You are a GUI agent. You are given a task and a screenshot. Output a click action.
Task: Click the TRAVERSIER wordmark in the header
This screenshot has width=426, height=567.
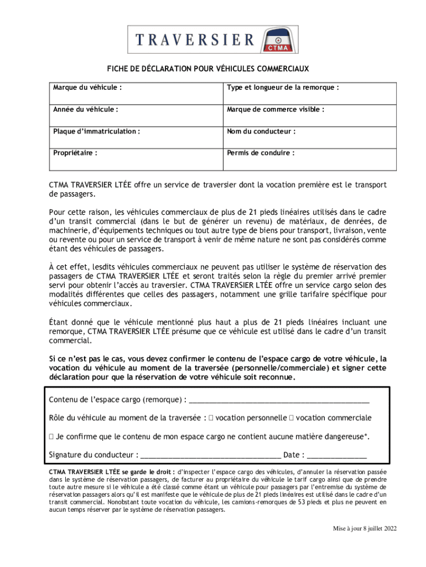(195, 40)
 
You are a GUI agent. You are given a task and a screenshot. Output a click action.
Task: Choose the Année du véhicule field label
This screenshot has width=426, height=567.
(86, 109)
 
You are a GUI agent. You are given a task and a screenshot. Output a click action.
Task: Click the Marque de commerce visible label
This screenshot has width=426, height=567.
(275, 109)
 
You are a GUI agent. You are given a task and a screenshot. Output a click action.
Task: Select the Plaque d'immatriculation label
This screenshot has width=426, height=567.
(96, 131)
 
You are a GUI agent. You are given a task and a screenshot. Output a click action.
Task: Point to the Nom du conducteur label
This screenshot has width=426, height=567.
(261, 131)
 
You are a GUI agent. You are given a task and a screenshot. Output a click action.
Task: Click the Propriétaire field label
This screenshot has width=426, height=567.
(75, 153)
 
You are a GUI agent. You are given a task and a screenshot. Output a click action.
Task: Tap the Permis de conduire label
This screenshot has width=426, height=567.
(260, 153)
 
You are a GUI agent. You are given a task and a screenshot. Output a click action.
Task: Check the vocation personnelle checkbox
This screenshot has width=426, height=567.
(211, 418)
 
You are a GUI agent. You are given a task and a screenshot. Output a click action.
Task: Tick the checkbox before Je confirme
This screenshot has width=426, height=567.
(51, 437)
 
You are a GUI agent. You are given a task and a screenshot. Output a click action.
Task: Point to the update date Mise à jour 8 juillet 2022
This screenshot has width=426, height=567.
(365, 528)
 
